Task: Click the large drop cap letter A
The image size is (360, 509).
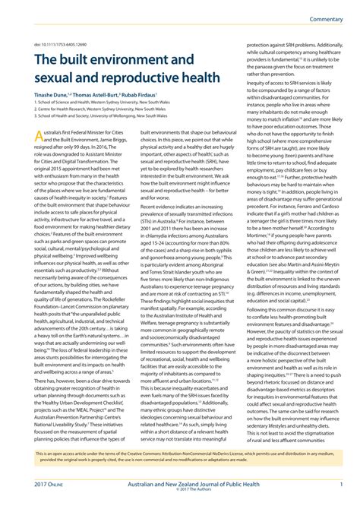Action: click(x=41, y=136)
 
